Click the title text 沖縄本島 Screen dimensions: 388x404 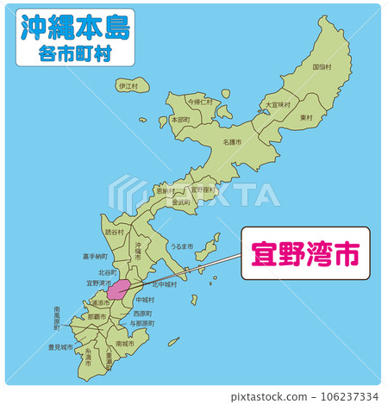tap(74, 27)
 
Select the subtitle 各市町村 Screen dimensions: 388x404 tap(74, 53)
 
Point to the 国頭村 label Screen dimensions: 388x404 tap(322, 66)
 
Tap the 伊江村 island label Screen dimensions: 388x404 tap(128, 86)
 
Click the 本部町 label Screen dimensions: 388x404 tap(180, 120)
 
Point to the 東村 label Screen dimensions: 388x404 tap(306, 117)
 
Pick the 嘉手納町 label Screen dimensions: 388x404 tap(96, 256)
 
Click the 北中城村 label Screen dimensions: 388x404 tap(165, 283)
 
